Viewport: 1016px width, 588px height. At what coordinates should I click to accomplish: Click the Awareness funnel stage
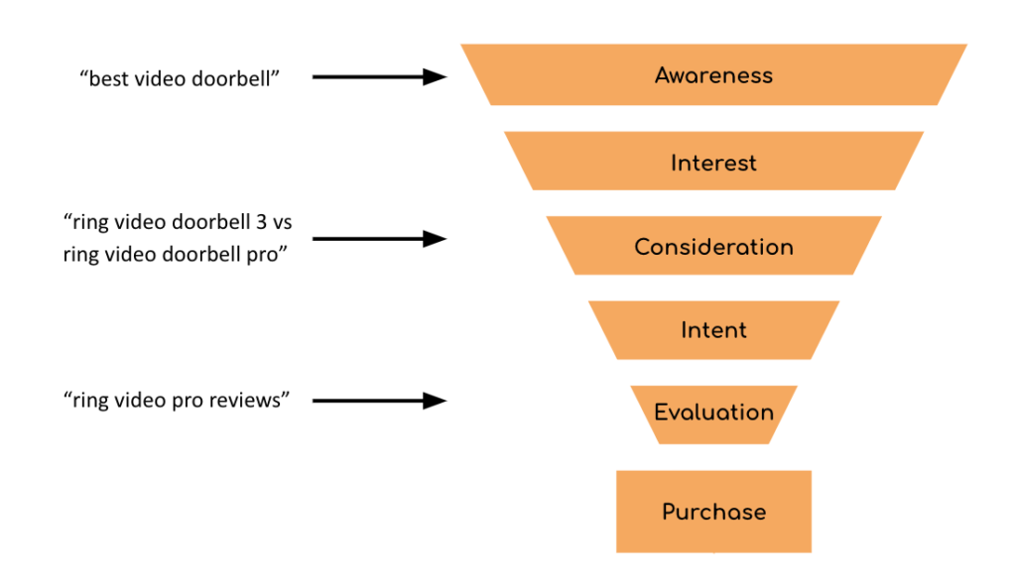pos(713,75)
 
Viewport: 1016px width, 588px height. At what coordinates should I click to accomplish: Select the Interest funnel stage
pos(713,162)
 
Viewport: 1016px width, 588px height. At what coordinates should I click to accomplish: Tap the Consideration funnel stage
pos(713,247)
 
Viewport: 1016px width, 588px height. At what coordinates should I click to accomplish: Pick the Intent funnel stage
pos(713,330)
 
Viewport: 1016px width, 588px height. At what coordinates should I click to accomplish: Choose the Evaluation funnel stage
pos(713,412)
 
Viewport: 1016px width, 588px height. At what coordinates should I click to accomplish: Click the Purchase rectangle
pos(713,512)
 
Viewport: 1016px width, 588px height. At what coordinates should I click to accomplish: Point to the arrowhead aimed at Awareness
pos(436,76)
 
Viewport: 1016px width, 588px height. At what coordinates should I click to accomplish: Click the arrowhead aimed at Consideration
pos(436,238)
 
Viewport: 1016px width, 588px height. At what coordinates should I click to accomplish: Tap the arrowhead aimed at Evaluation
pos(436,401)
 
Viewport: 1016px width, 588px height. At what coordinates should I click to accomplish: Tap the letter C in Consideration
pos(643,247)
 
